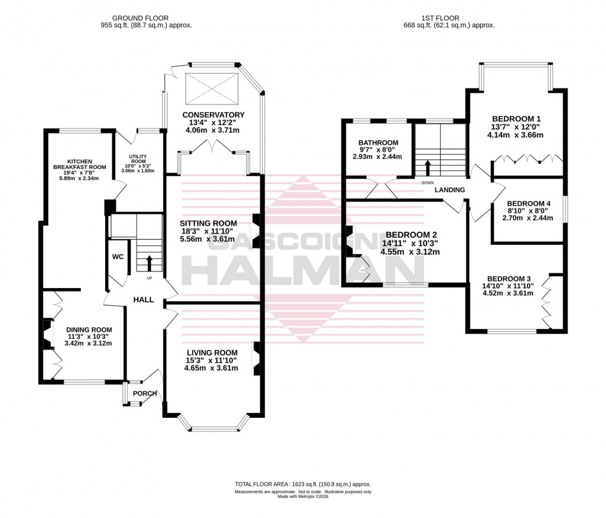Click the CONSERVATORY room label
click(213, 114)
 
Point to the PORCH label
click(145, 394)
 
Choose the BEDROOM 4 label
click(528, 204)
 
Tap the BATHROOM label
click(378, 143)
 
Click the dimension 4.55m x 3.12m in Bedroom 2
click(411, 252)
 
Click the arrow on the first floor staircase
click(426, 166)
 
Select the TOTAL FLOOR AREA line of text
click(302, 485)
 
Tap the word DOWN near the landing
click(427, 183)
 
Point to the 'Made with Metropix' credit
click(302, 498)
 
